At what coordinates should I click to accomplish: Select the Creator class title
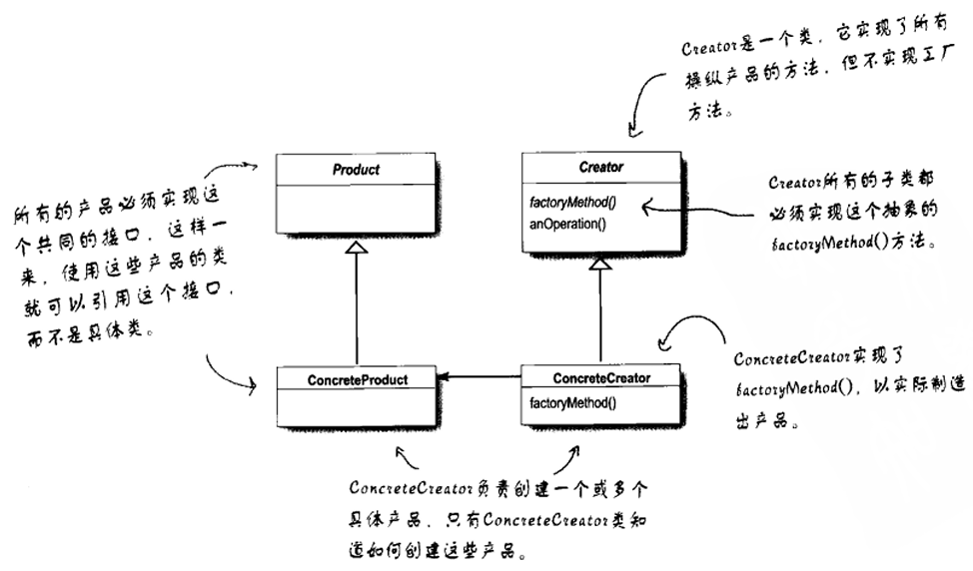click(600, 168)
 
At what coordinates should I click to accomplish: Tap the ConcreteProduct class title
click(358, 379)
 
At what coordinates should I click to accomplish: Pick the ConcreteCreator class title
click(600, 378)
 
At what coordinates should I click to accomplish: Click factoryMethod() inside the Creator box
click(571, 204)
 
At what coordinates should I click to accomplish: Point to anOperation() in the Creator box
click(568, 222)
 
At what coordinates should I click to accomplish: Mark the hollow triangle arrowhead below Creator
click(599, 264)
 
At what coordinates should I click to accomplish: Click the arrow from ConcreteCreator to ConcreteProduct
click(480, 377)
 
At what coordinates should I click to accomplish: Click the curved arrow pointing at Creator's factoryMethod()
click(699, 211)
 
